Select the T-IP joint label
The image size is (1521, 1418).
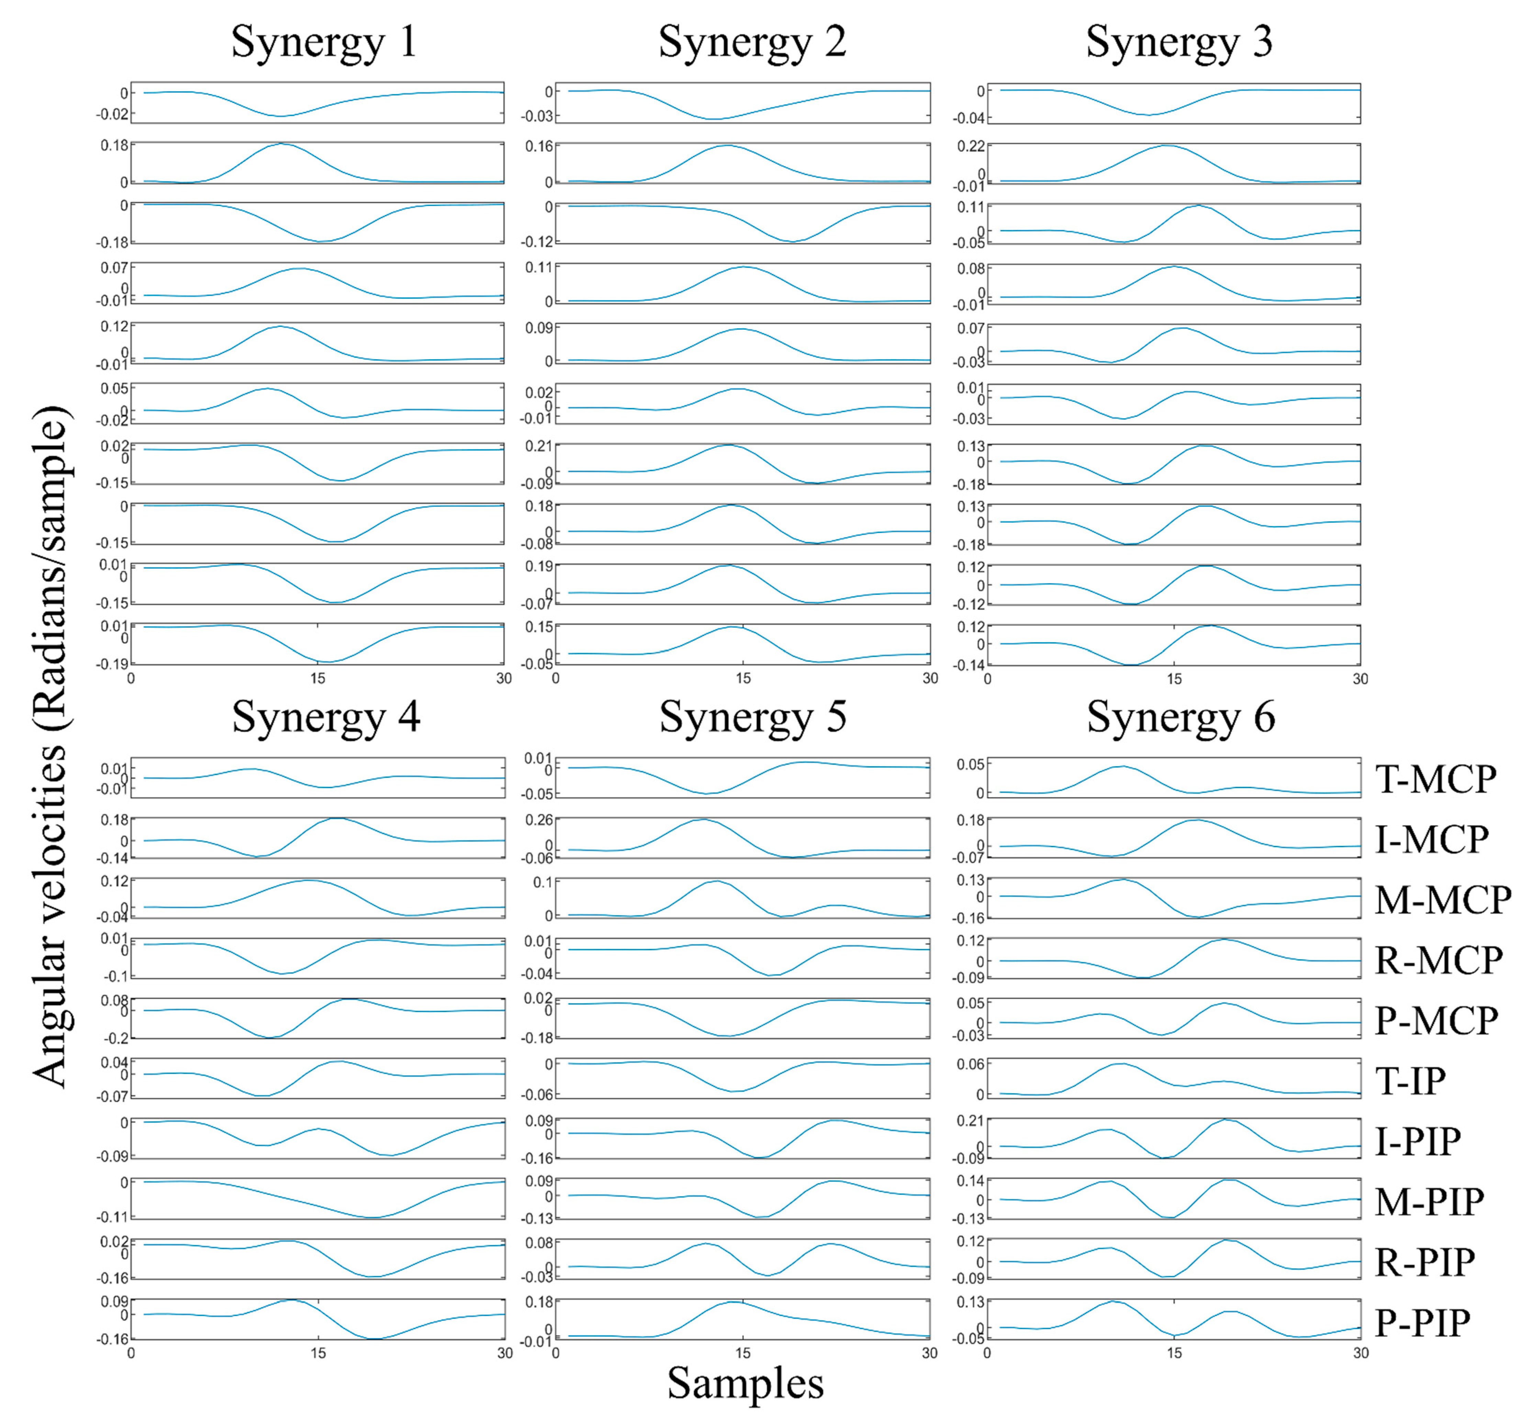[x=1410, y=1081]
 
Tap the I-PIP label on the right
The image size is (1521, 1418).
[x=1418, y=1141]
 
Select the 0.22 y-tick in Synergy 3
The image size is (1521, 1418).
[x=971, y=146]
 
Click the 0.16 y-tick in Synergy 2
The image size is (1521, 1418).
[x=539, y=146]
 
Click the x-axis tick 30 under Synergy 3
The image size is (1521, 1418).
[x=1360, y=678]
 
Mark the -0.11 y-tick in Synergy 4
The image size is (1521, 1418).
[x=113, y=1217]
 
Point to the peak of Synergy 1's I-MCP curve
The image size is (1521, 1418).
[x=282, y=144]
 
